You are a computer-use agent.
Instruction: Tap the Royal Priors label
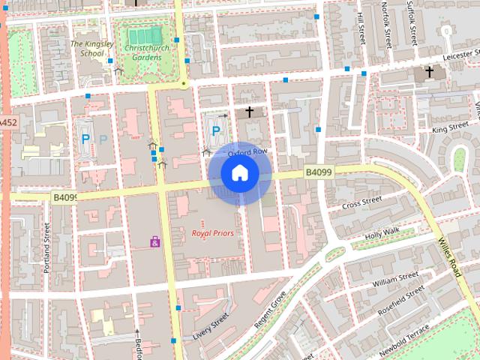point(212,233)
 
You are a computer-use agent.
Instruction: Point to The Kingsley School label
point(88,48)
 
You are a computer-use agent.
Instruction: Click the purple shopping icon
point(155,241)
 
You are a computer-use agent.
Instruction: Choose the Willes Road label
point(448,253)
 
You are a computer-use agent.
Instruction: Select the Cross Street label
point(361,202)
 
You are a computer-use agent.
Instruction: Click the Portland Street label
point(46,247)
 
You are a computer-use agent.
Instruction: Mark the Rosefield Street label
point(402,302)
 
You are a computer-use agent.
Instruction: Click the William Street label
point(395,280)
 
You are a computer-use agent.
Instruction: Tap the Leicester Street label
point(450,57)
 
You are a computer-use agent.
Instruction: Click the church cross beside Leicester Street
point(430,73)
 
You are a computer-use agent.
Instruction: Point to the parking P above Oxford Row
point(216,131)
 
